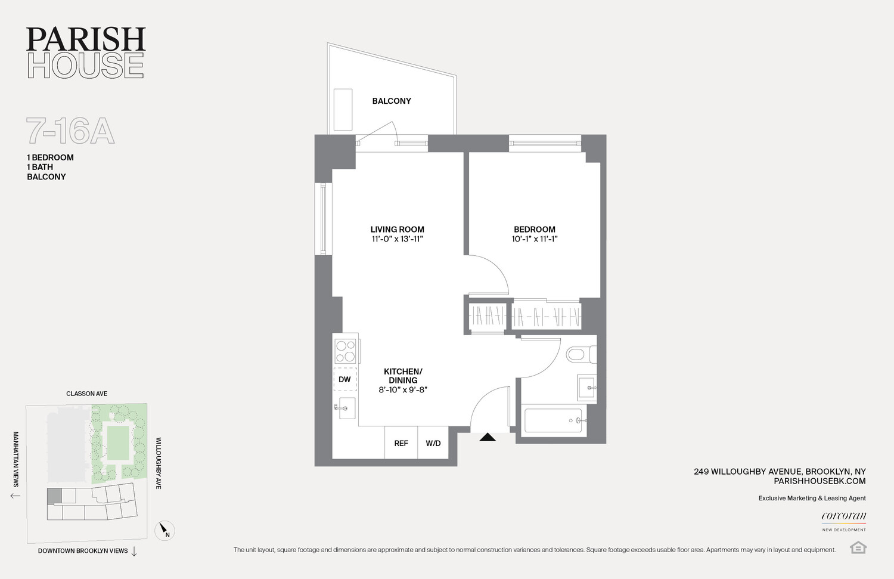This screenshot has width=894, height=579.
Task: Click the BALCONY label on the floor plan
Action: (x=392, y=101)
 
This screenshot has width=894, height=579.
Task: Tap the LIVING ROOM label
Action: (x=397, y=229)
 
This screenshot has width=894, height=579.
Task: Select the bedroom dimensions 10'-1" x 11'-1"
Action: (x=535, y=239)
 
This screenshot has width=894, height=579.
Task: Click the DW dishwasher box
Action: (x=345, y=379)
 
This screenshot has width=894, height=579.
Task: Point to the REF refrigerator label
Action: (x=401, y=443)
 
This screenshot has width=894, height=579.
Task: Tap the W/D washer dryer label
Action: (x=433, y=443)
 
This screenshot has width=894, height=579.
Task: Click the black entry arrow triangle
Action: (x=488, y=437)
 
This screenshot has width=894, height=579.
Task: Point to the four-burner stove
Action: (x=346, y=351)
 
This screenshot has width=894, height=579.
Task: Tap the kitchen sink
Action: (x=346, y=408)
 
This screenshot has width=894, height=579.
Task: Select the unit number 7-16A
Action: (x=70, y=131)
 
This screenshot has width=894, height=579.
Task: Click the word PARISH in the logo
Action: (x=86, y=39)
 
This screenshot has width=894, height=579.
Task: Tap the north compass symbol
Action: (x=164, y=530)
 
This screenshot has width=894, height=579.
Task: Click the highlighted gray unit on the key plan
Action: (x=54, y=496)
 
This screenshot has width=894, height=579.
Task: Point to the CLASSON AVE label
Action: (x=86, y=394)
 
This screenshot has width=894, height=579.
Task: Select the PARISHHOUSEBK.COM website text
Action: (x=819, y=481)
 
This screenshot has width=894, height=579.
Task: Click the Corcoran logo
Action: (x=844, y=521)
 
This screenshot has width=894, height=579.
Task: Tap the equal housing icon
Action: (x=858, y=547)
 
